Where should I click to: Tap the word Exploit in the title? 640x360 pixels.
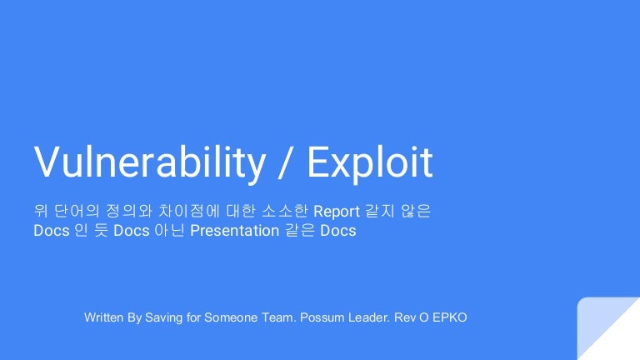370,162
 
